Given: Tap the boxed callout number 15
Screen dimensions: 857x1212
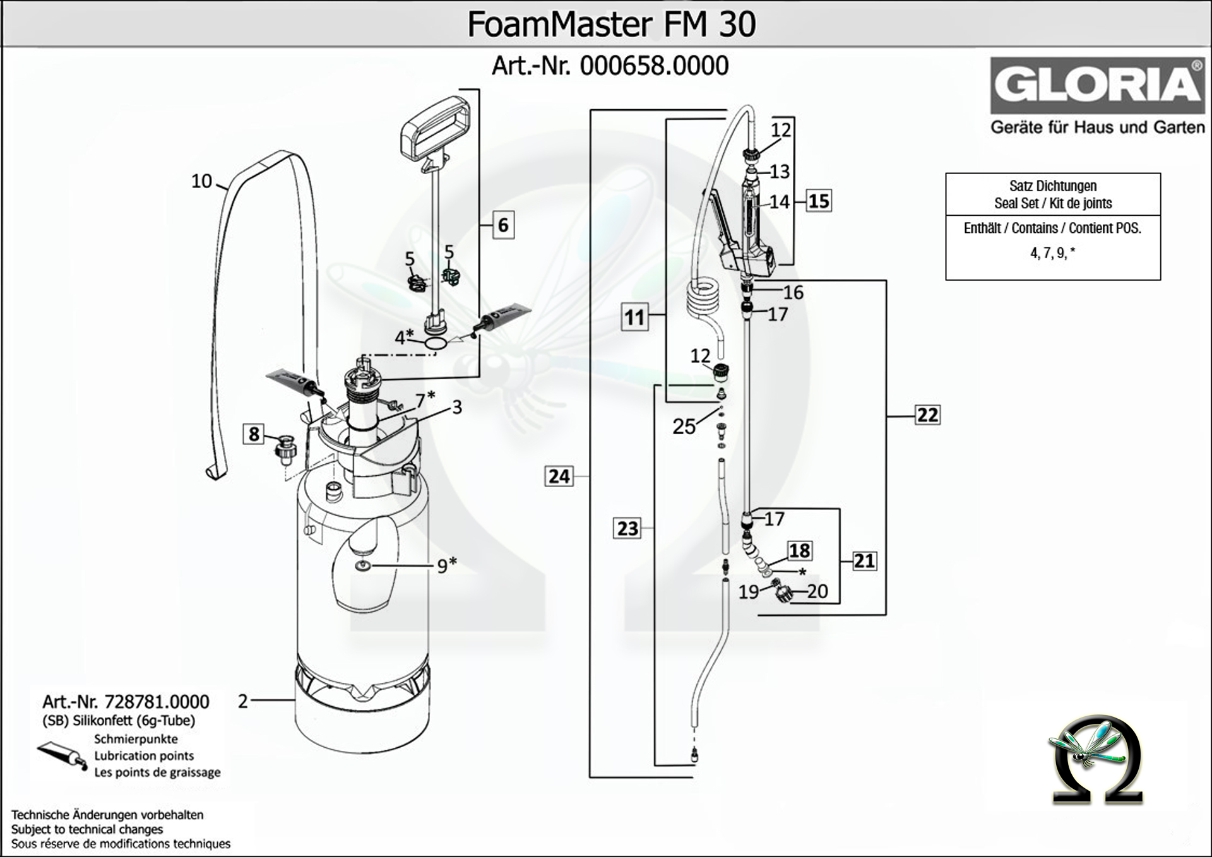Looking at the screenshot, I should click(x=819, y=201).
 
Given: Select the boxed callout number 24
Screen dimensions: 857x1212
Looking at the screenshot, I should click(x=559, y=476).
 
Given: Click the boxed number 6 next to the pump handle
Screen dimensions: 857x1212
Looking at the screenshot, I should click(x=503, y=225).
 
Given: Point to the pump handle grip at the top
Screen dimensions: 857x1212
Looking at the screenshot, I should click(x=436, y=126).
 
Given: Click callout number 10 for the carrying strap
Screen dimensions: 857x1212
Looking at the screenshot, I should click(x=202, y=181).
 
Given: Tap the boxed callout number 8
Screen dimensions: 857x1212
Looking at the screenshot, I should click(x=254, y=434).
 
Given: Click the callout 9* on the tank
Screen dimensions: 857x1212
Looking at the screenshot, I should click(x=446, y=565).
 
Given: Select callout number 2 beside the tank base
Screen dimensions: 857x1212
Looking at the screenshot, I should click(x=243, y=701).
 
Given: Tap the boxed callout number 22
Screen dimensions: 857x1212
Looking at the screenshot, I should click(x=927, y=415).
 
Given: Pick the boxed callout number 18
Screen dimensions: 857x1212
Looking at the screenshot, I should click(x=799, y=550).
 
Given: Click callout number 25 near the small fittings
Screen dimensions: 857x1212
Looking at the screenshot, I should click(x=684, y=427).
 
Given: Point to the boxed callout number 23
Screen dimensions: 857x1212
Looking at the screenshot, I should click(x=627, y=528).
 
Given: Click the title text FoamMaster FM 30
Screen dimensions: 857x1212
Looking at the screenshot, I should click(x=611, y=24).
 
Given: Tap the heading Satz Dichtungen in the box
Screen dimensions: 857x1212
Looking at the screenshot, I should click(x=1052, y=186).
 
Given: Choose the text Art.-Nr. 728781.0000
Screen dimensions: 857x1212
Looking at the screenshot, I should click(x=126, y=702).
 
